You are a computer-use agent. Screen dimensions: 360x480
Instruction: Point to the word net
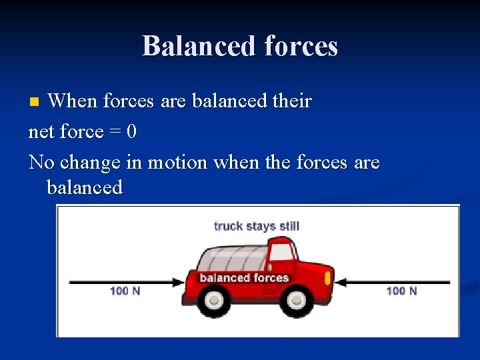pyautogui.click(x=42, y=132)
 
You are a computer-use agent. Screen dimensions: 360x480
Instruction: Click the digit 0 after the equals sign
pyautogui.click(x=131, y=132)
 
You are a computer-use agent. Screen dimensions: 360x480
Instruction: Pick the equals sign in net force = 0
pyautogui.click(x=114, y=133)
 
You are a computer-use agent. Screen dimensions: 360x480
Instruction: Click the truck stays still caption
pyautogui.click(x=257, y=226)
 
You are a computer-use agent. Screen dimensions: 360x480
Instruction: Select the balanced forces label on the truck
pyautogui.click(x=244, y=278)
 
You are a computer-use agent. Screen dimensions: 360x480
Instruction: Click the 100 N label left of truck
pyautogui.click(x=125, y=291)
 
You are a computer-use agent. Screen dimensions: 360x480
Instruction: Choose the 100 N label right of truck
pyautogui.click(x=401, y=291)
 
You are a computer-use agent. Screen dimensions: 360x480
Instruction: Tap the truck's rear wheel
pyautogui.click(x=214, y=301)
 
